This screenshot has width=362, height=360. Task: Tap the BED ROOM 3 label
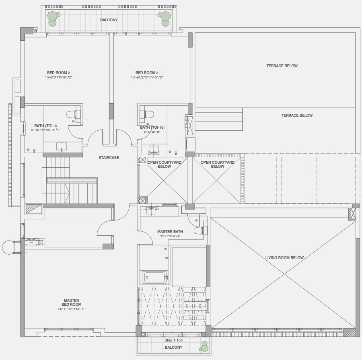147,73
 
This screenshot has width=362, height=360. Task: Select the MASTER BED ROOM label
71,302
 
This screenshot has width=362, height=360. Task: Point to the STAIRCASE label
109,158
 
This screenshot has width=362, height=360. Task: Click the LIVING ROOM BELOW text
284,258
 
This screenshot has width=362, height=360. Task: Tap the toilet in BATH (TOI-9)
74,114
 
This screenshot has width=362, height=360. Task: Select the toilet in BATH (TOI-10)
147,114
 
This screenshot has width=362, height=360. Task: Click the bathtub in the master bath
154,277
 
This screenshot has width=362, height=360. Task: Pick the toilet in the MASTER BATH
200,230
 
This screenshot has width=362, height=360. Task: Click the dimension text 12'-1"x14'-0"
170,236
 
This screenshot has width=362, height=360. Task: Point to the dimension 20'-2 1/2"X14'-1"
71,309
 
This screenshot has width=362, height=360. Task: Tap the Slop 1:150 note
173,340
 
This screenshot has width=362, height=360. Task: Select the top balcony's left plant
53,19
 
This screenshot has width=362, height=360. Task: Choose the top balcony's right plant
164,19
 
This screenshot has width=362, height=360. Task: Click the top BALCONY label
109,20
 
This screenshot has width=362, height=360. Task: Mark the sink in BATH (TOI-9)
62,147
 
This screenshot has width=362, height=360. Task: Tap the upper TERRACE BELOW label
282,66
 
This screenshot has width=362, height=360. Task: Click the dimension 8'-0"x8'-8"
152,132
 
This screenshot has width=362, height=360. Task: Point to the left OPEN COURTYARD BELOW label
165,164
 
